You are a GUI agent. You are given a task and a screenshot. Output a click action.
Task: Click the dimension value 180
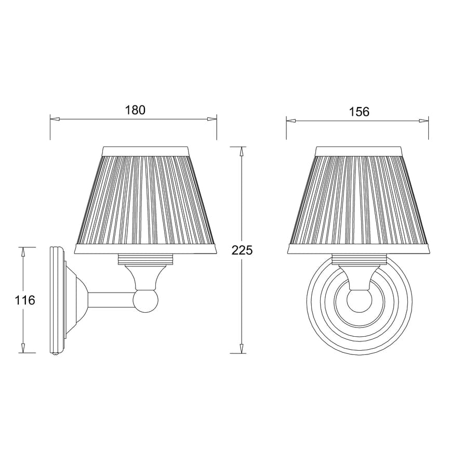[x=135, y=110]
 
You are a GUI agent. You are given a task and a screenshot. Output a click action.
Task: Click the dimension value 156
[x=359, y=112]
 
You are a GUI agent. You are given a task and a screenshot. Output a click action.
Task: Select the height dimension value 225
[x=242, y=250]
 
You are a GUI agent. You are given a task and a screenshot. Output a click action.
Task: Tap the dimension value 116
[x=25, y=300]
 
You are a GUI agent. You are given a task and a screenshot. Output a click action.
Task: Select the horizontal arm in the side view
[x=110, y=300]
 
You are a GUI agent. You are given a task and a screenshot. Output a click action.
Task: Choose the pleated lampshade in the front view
[x=359, y=200]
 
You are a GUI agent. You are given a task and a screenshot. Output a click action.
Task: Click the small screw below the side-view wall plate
[x=56, y=355]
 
